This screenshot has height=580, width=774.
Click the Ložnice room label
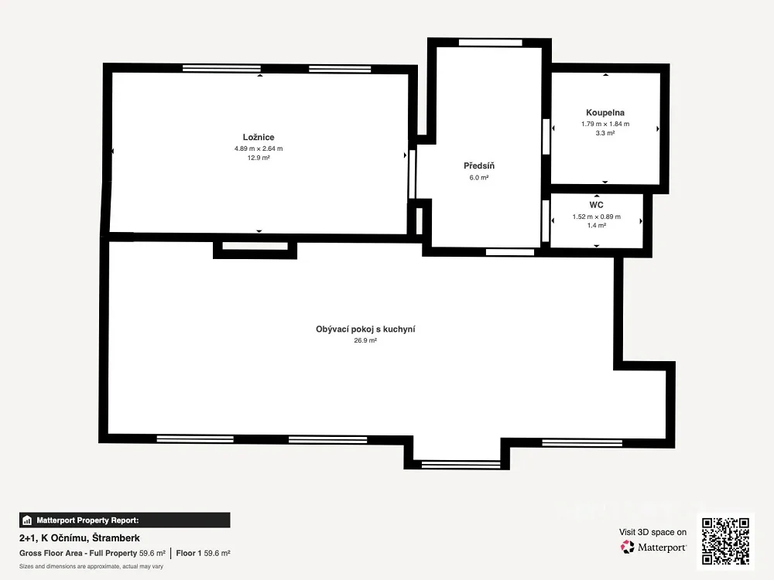click(x=259, y=137)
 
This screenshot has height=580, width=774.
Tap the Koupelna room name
click(x=605, y=112)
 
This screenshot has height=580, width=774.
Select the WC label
click(x=596, y=205)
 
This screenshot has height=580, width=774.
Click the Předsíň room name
click(x=479, y=165)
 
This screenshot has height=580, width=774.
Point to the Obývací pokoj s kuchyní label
click(x=365, y=329)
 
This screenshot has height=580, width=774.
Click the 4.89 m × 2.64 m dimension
click(x=259, y=148)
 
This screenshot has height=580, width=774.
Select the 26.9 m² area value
click(x=365, y=340)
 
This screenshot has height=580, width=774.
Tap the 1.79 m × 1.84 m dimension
click(x=605, y=124)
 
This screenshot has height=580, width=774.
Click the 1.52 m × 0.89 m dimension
click(x=597, y=217)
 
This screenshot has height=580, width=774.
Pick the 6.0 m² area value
click(x=479, y=178)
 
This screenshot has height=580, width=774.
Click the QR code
click(x=726, y=541)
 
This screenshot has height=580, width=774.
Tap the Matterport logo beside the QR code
click(x=653, y=547)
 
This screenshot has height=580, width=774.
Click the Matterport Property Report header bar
click(x=125, y=520)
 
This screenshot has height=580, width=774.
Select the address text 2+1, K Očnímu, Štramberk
click(x=80, y=538)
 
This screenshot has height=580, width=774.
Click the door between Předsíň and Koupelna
click(x=546, y=137)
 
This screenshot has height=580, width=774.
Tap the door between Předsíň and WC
click(x=546, y=220)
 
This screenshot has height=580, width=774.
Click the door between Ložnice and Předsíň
click(x=413, y=174)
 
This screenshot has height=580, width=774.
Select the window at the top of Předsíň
click(x=490, y=43)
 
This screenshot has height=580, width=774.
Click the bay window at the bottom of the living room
click(x=461, y=464)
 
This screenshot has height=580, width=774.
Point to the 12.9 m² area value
click(x=259, y=158)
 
